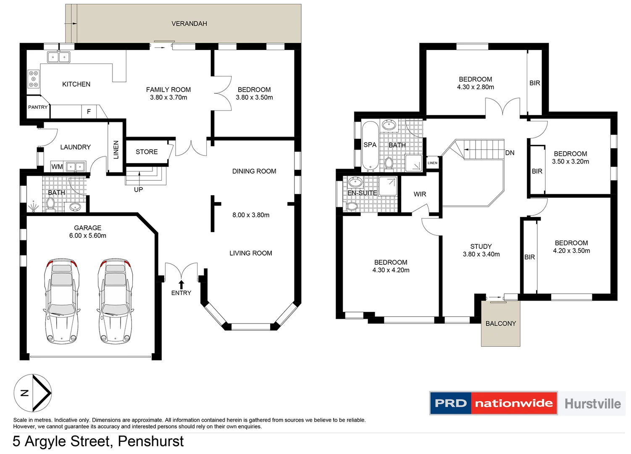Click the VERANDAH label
[189, 24]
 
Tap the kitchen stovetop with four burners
[34, 79]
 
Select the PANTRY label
[38, 107]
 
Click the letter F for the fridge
[89, 111]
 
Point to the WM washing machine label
[57, 166]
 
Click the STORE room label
[147, 152]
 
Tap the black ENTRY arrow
[181, 285]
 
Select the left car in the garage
[62, 301]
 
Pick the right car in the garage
[115, 301]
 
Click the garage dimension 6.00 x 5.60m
[88, 236]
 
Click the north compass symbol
[33, 393]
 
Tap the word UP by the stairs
[138, 190]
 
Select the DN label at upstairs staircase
[510, 153]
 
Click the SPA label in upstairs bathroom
[370, 145]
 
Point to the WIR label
[420, 194]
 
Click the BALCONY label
[500, 323]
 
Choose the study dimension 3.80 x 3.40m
[481, 254]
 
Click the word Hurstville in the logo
[592, 404]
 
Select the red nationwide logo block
[514, 404]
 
